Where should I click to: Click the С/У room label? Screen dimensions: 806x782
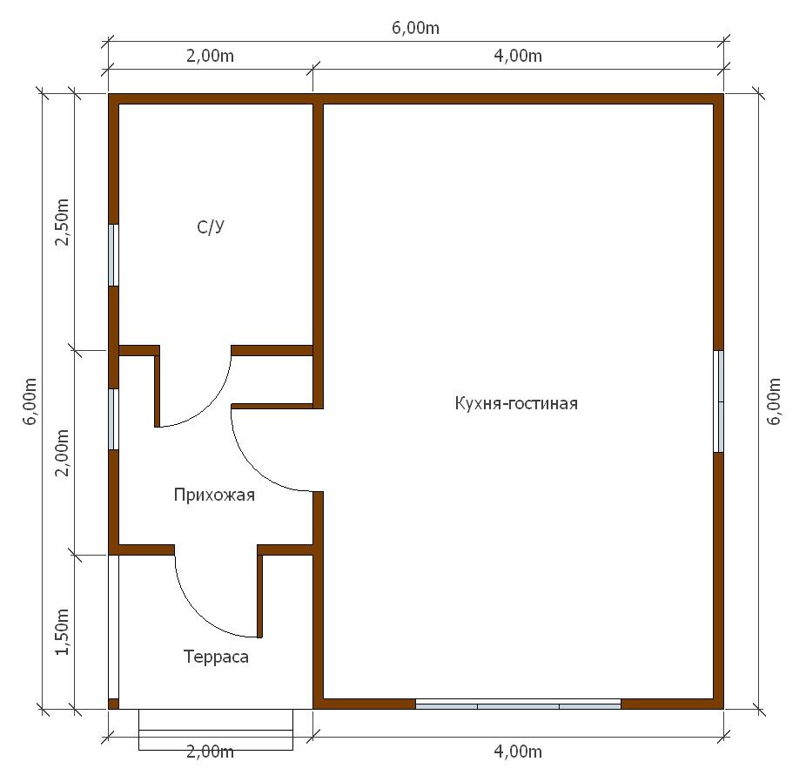pyautogui.click(x=211, y=226)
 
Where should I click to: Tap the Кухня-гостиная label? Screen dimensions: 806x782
pyautogui.click(x=516, y=403)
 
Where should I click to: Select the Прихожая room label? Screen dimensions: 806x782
pyautogui.click(x=214, y=495)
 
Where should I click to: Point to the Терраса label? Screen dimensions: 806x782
pyautogui.click(x=216, y=657)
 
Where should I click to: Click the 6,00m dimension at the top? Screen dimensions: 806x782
pyautogui.click(x=415, y=28)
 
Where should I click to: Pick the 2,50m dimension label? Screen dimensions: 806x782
pyautogui.click(x=62, y=222)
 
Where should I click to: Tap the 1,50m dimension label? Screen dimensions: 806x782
pyautogui.click(x=62, y=632)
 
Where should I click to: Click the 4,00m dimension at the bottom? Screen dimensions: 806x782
pyautogui.click(x=518, y=752)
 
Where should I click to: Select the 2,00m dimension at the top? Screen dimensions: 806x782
pyautogui.click(x=210, y=56)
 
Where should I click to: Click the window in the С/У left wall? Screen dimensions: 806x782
pyautogui.click(x=113, y=255)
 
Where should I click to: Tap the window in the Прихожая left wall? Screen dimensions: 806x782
pyautogui.click(x=113, y=419)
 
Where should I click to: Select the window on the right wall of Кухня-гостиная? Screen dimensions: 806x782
pyautogui.click(x=719, y=401)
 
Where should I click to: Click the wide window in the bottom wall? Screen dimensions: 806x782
pyautogui.click(x=518, y=704)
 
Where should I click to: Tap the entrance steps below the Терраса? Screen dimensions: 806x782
pyautogui.click(x=216, y=730)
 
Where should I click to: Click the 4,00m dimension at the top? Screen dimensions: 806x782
pyautogui.click(x=518, y=56)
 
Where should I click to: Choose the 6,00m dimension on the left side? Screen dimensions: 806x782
pyautogui.click(x=30, y=401)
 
